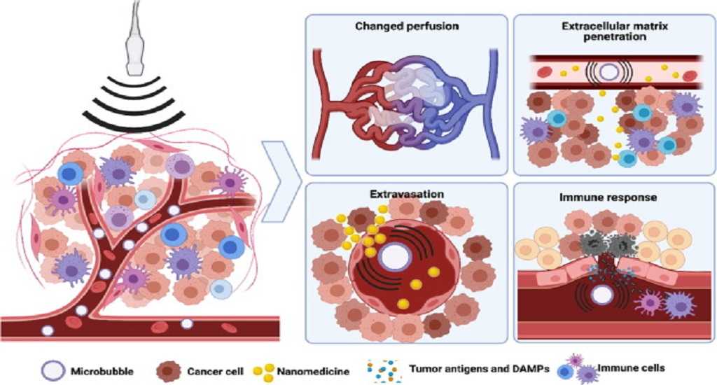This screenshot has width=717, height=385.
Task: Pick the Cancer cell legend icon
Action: coord(163,367)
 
